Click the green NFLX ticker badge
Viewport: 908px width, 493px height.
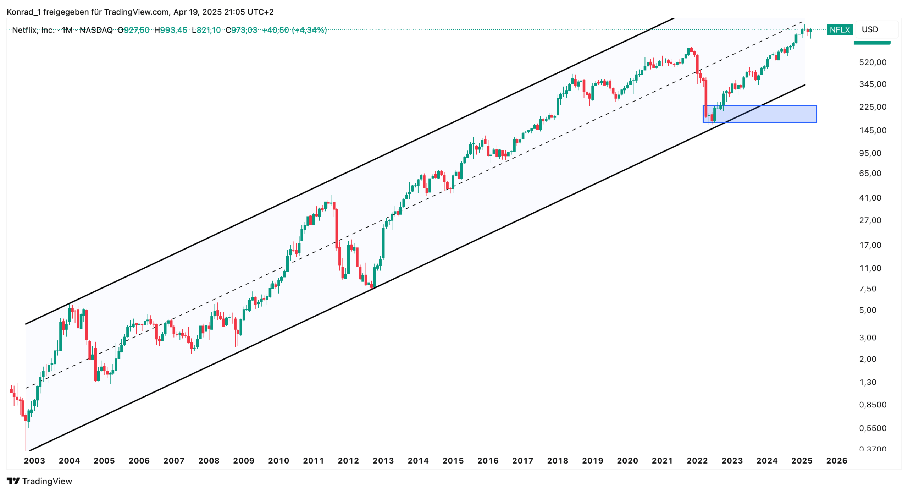pyautogui.click(x=839, y=29)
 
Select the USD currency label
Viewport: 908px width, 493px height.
pyautogui.click(x=870, y=29)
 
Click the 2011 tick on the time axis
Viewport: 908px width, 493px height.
pyautogui.click(x=313, y=461)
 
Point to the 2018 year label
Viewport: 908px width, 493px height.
pyautogui.click(x=558, y=461)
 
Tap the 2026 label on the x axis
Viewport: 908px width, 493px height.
pyautogui.click(x=837, y=461)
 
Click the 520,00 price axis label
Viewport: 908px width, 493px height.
pyautogui.click(x=873, y=62)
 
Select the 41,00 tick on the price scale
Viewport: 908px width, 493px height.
pyautogui.click(x=870, y=198)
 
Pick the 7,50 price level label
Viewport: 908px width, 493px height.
pyautogui.click(x=868, y=289)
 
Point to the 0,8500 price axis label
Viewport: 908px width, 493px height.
pyautogui.click(x=873, y=405)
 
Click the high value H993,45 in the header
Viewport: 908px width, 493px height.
pyautogui.click(x=171, y=30)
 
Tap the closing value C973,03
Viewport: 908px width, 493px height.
pyautogui.click(x=242, y=30)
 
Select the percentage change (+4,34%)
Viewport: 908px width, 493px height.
pyautogui.click(x=309, y=30)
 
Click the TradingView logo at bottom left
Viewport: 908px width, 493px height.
pyautogui.click(x=39, y=481)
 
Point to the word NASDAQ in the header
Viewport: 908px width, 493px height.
pyautogui.click(x=96, y=30)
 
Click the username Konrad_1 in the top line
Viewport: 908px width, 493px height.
pyautogui.click(x=23, y=12)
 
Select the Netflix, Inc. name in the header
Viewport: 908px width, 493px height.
pyautogui.click(x=33, y=30)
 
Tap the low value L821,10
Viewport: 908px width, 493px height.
pyautogui.click(x=206, y=30)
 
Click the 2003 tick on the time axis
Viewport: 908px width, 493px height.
pyautogui.click(x=34, y=461)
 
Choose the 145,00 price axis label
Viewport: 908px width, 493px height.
pyautogui.click(x=873, y=131)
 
